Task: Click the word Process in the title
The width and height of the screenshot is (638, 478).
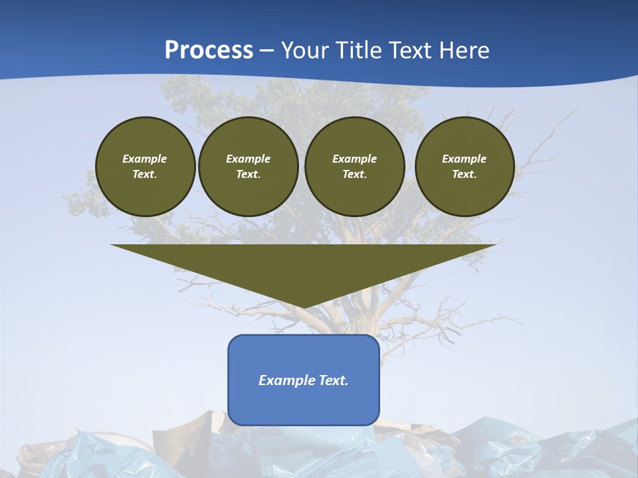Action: [209, 50]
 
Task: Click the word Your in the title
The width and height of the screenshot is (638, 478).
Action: [306, 50]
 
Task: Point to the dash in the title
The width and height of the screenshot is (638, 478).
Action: [267, 51]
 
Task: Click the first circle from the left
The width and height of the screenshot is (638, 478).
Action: [146, 167]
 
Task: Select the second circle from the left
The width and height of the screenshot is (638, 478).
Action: [249, 167]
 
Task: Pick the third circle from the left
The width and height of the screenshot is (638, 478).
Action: [355, 167]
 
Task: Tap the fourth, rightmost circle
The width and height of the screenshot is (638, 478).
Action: [465, 167]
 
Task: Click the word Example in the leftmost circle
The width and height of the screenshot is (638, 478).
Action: [145, 159]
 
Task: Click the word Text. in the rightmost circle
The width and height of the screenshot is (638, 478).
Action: [465, 175]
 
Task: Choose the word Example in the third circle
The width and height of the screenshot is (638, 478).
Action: [355, 159]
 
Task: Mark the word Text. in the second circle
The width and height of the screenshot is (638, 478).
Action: [249, 175]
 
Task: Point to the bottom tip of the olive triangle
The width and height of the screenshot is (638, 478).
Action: [304, 307]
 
